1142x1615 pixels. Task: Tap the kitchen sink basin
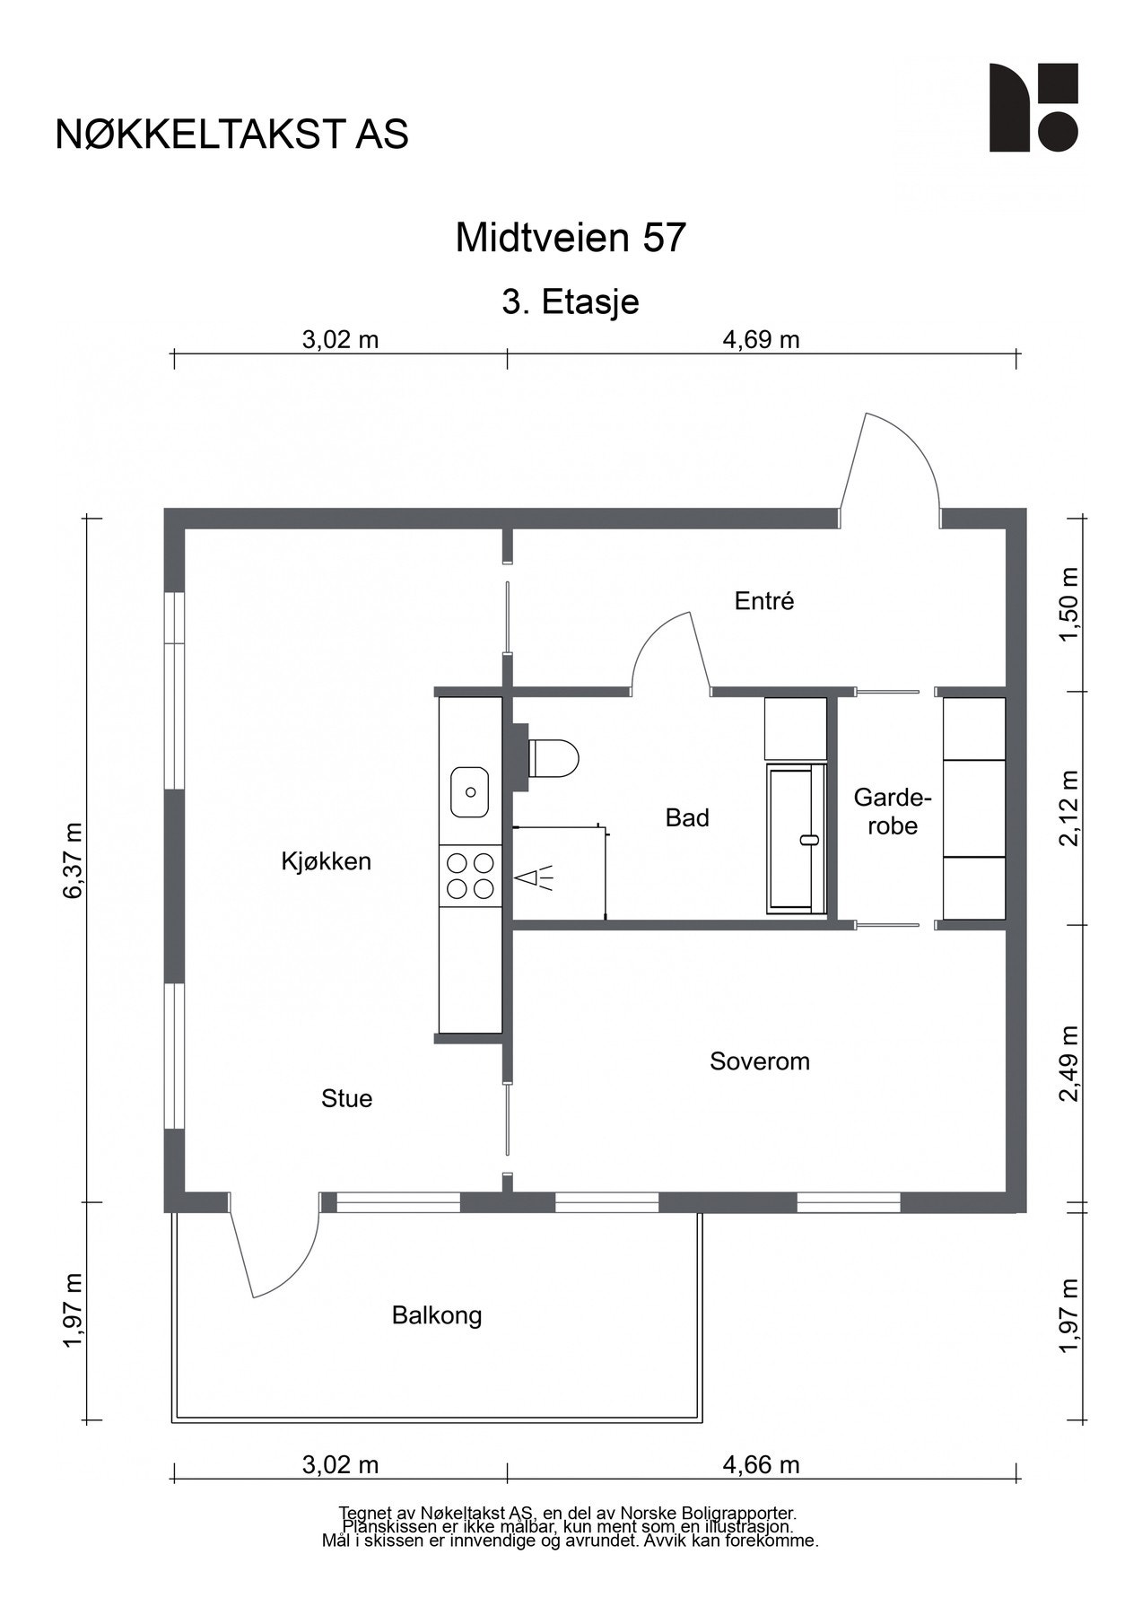469,792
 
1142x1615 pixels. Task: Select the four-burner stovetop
470,876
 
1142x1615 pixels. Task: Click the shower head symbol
533,877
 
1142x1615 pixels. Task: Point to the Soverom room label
759,1061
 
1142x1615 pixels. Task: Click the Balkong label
437,1316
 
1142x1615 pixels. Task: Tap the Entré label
764,600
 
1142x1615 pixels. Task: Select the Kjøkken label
326,861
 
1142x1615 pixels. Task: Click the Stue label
347,1098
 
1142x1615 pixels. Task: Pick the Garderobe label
893,811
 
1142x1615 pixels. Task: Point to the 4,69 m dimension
761,340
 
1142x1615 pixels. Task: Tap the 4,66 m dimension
761,1465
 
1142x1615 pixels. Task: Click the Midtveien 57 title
571,238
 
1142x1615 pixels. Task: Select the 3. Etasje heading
571,302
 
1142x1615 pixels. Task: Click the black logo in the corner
1033,108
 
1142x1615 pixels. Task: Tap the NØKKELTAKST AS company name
231,134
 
